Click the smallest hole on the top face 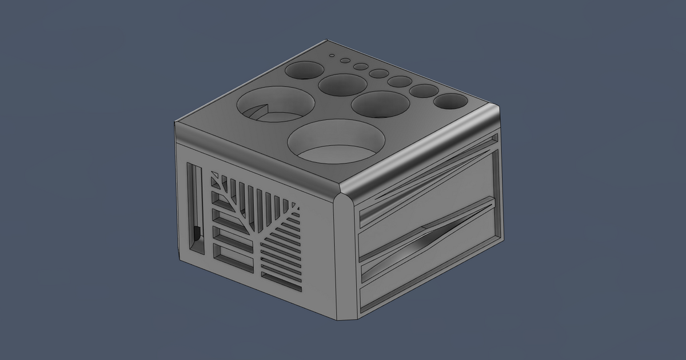pyautogui.click(x=330, y=56)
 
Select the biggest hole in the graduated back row pyautogui.click(x=450, y=101)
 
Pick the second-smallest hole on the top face pyautogui.click(x=345, y=61)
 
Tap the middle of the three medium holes pyautogui.click(x=342, y=85)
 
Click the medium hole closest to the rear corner pyautogui.click(x=304, y=70)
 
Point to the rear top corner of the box pyautogui.click(x=326, y=41)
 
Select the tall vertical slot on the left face pyautogui.click(x=196, y=209)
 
